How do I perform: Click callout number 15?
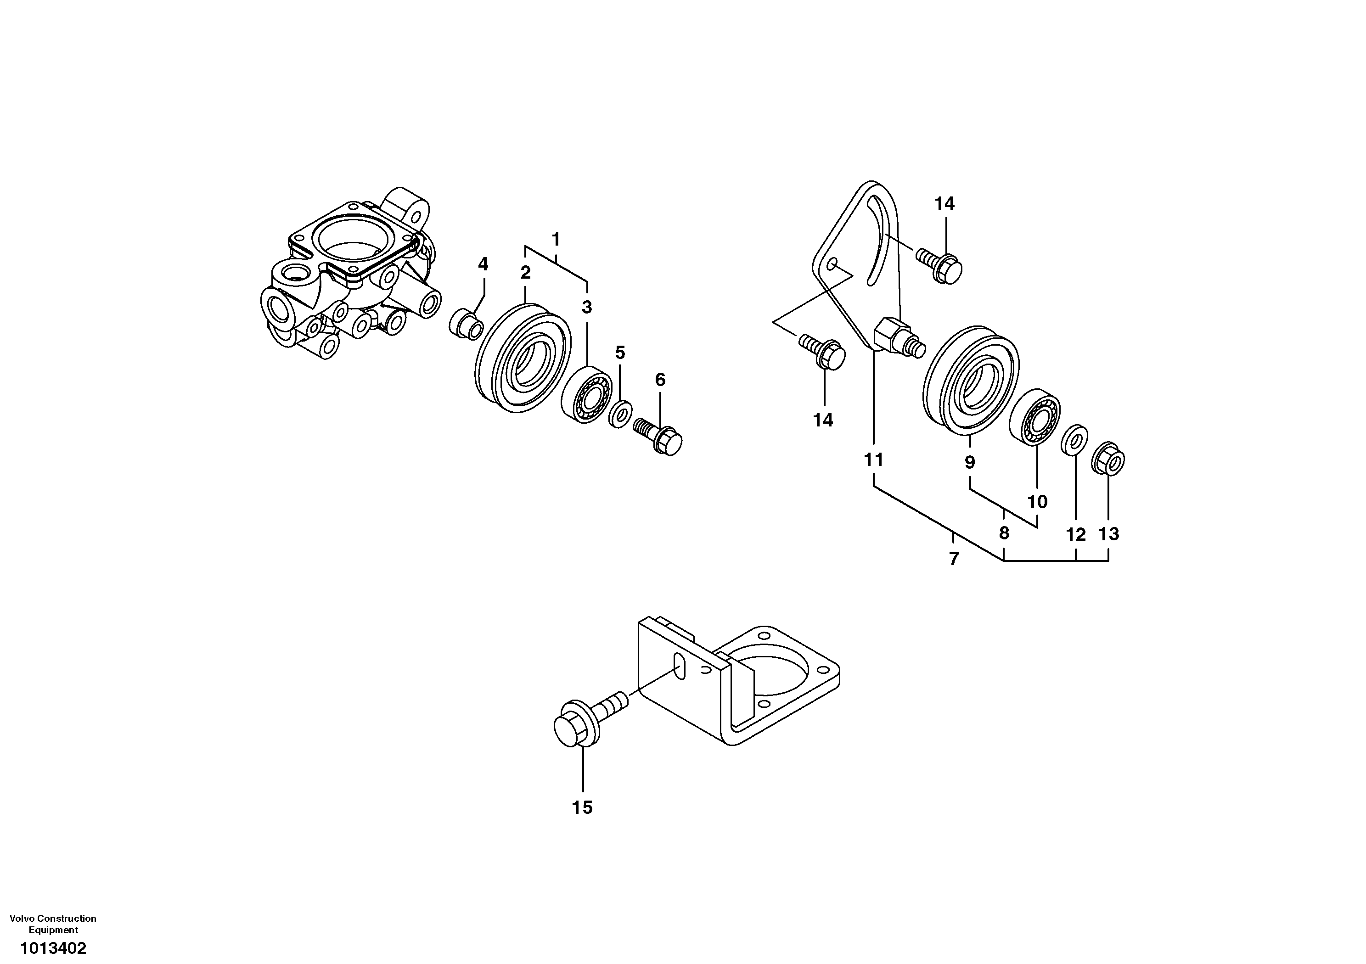(583, 807)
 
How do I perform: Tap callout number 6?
(660, 380)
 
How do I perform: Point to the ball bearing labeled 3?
(587, 395)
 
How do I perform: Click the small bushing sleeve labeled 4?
(466, 324)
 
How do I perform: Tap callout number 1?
(556, 240)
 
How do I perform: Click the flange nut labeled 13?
(1108, 460)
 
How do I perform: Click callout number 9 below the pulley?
(970, 461)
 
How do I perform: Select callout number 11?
(873, 460)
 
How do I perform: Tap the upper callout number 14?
(944, 203)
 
